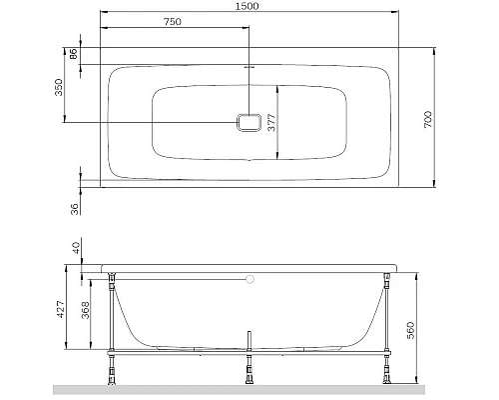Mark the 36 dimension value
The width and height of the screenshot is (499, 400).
tap(73, 210)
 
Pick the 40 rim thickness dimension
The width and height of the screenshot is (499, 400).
tap(73, 247)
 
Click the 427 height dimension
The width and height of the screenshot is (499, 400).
tap(59, 311)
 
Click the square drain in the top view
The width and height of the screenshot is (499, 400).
tap(249, 122)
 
